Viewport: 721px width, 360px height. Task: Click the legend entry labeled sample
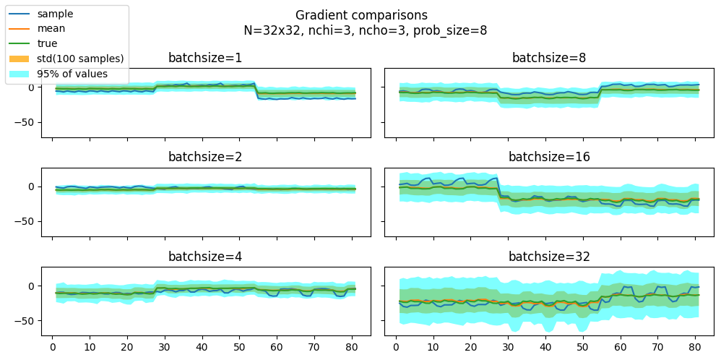(x=55, y=14)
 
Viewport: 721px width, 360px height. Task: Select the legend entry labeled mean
(x=51, y=29)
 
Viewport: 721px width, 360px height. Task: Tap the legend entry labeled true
(x=48, y=43)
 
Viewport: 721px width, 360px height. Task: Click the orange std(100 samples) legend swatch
(x=20, y=59)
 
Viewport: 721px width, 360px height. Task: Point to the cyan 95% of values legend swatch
(x=20, y=74)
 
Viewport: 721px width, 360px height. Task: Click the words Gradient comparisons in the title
(x=361, y=15)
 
